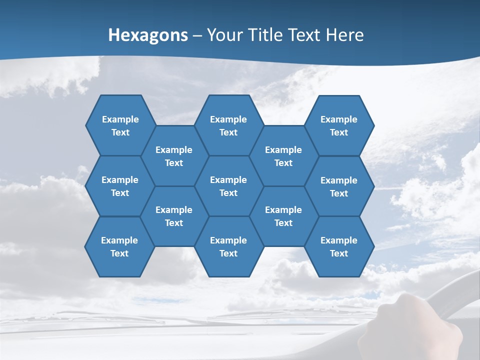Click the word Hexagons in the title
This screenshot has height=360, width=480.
click(148, 35)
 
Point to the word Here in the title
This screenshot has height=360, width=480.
click(345, 35)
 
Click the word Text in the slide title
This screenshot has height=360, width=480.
click(306, 35)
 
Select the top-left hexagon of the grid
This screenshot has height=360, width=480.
click(120, 125)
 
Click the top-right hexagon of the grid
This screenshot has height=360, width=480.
click(339, 125)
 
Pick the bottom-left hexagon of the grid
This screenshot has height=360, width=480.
click(119, 246)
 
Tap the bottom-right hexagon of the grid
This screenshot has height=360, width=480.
click(339, 246)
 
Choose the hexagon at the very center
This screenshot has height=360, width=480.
click(228, 186)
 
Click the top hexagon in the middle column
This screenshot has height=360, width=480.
click(228, 125)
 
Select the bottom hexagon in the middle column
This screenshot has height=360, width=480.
click(228, 246)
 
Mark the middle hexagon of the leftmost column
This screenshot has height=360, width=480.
click(120, 186)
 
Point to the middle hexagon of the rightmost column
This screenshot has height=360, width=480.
click(339, 186)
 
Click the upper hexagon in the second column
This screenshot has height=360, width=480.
click(174, 156)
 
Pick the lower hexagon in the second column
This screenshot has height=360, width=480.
click(174, 216)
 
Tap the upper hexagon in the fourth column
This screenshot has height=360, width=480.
click(283, 156)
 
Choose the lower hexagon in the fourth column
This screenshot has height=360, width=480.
click(283, 216)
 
